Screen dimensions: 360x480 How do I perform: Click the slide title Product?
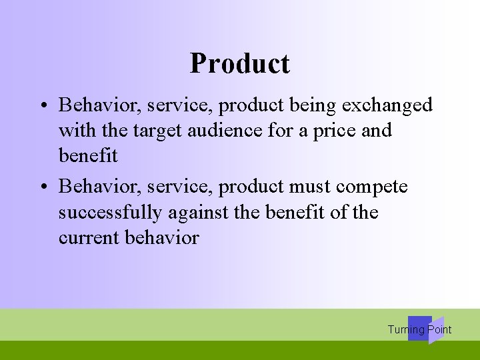click(239, 64)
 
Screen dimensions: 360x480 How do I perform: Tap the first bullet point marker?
click(42, 106)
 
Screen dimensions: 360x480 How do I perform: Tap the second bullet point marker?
click(42, 187)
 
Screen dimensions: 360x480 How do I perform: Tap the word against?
click(194, 213)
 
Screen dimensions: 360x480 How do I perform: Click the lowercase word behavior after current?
click(161, 238)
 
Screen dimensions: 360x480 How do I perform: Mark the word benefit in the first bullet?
click(88, 157)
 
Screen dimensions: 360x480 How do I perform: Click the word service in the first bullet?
click(177, 105)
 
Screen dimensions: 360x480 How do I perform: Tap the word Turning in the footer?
click(406, 329)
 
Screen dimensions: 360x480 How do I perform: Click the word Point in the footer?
click(440, 329)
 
